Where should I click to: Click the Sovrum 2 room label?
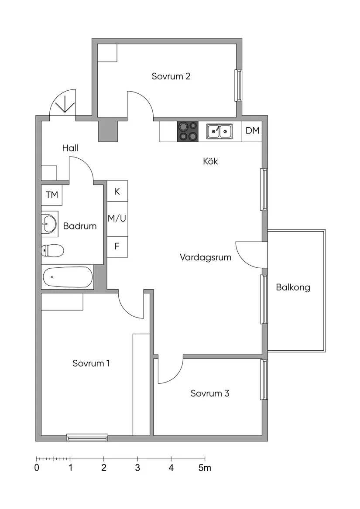tap(171, 76)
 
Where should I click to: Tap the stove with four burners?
tap(187, 131)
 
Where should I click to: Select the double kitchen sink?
tap(219, 131)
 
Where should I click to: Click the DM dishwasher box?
tap(252, 131)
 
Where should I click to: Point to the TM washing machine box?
tap(52, 195)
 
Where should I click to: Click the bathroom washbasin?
tap(49, 224)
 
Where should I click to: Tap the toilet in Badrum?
tap(52, 250)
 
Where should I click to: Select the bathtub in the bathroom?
tap(68, 277)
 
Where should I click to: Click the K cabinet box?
tap(117, 191)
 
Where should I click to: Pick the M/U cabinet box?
tap(117, 218)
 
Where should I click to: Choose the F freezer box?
tap(117, 246)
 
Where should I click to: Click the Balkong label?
tap(293, 287)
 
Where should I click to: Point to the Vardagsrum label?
tap(206, 257)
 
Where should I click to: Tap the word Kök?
tap(210, 161)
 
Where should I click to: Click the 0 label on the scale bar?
tap(37, 468)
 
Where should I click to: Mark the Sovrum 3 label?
tap(210, 393)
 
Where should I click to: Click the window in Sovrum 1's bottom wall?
tap(87, 437)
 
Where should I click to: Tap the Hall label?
tap(70, 148)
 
